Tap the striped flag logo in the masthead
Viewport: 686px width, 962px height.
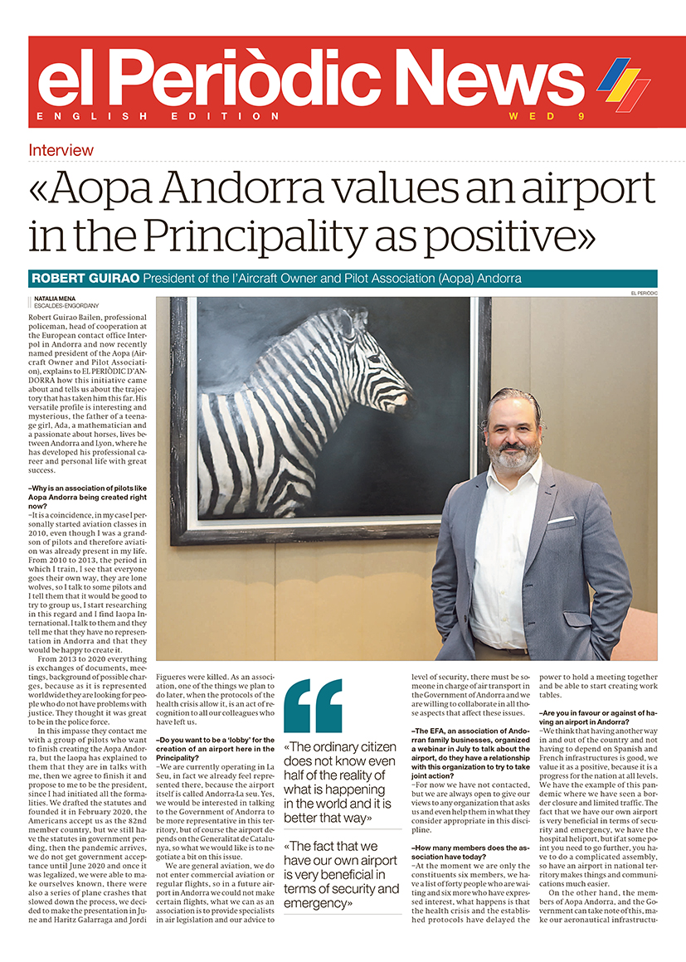(624, 84)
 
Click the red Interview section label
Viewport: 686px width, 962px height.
(61, 150)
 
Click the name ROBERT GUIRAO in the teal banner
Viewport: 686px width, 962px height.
(85, 278)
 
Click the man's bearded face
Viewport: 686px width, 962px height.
(513, 434)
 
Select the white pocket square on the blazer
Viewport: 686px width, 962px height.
(561, 520)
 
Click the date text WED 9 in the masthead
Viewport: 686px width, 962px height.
(547, 116)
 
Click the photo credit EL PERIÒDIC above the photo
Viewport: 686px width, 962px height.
(642, 294)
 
